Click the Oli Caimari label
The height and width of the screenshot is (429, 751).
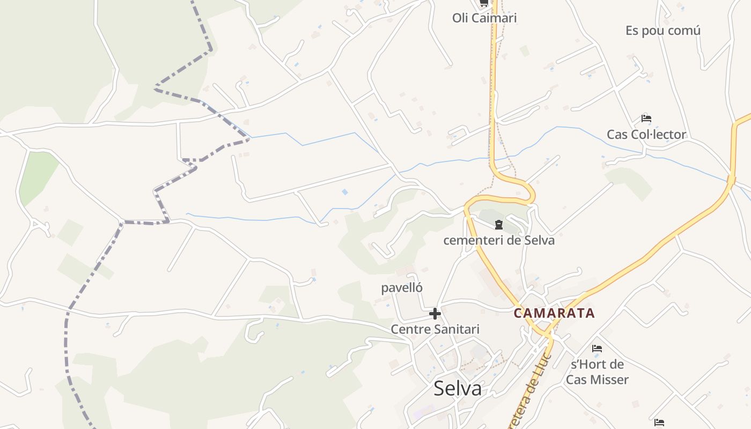[484, 18]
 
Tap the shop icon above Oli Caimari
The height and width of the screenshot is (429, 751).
[484, 3]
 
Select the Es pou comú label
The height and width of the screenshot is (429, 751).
[663, 31]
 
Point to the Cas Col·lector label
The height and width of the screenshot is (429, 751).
[646, 135]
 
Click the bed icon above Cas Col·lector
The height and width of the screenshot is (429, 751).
[646, 119]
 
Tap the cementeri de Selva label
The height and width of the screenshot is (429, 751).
[499, 240]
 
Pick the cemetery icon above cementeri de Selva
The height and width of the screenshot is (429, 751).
[499, 225]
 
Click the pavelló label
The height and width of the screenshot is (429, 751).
[402, 288]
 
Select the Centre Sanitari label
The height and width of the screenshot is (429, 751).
[435, 329]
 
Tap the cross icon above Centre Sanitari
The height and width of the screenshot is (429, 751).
[435, 314]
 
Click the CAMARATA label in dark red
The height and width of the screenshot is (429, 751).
[554, 313]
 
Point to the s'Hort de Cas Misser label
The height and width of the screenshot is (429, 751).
[597, 372]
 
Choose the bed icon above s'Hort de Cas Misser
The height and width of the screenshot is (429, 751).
[597, 349]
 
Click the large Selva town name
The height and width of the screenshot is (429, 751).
[458, 389]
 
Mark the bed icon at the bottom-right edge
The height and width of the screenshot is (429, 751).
[659, 423]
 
